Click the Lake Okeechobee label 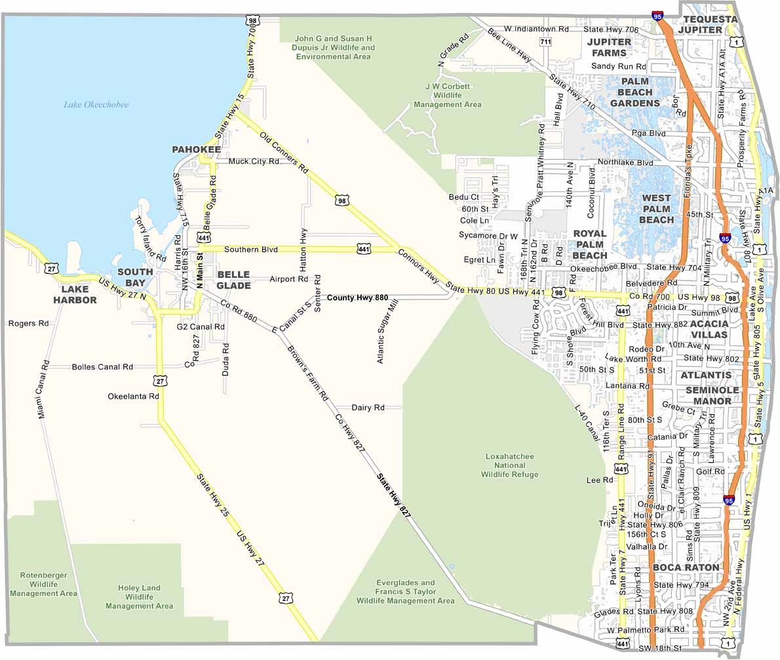coord(96,105)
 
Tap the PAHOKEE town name coord(196,150)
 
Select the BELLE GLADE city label coord(233,280)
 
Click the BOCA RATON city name coord(686,567)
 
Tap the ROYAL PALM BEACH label coord(589,244)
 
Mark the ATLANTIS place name coord(705,376)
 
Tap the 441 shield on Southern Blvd coord(365,249)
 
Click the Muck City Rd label coord(254,161)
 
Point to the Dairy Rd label coord(367,408)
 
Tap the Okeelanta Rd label coord(134,397)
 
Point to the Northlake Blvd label coord(625,163)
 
